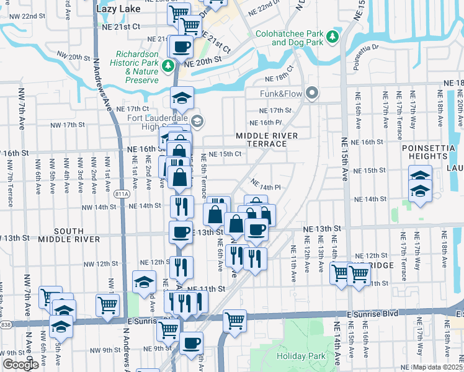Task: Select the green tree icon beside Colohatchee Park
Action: pyautogui.click(x=333, y=37)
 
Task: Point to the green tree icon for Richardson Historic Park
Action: pyautogui.click(x=167, y=65)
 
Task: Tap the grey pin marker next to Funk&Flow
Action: pyautogui.click(x=312, y=94)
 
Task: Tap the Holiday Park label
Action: pyautogui.click(x=301, y=356)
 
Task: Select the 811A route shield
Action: pyautogui.click(x=122, y=195)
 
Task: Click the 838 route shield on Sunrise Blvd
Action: pyautogui.click(x=5, y=324)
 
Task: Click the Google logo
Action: pyautogui.click(x=20, y=365)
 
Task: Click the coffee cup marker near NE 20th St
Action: pyautogui.click(x=181, y=46)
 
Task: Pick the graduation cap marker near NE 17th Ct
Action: pyautogui.click(x=182, y=98)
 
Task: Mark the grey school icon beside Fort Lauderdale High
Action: pyautogui.click(x=197, y=120)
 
